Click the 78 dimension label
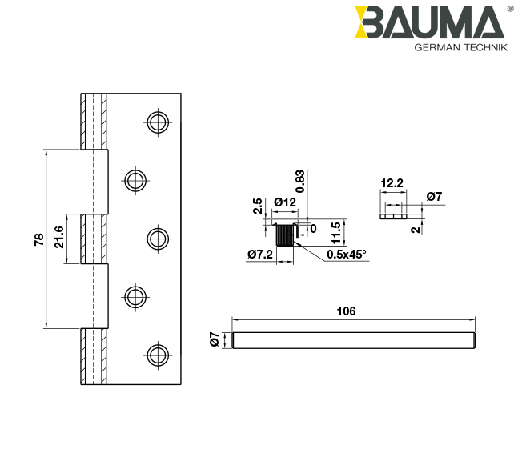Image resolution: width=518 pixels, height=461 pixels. click(x=38, y=239)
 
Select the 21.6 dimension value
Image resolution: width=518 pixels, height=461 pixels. click(x=59, y=237)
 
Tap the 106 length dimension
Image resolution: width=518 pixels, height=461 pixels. click(x=346, y=311)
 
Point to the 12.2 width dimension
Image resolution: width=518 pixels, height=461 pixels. click(x=392, y=183)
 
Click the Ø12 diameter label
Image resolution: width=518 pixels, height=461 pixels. click(x=285, y=202)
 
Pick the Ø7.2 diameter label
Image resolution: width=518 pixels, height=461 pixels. click(x=260, y=255)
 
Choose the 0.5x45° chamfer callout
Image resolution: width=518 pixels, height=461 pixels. click(x=346, y=255)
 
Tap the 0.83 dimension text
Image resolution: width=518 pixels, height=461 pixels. click(x=300, y=182)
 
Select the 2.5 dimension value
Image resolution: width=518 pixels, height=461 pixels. click(x=258, y=206)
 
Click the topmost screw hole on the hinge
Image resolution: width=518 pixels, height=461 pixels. click(x=158, y=122)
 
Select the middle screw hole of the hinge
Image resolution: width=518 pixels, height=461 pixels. click(x=158, y=238)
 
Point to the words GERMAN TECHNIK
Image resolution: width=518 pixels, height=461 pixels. click(x=460, y=48)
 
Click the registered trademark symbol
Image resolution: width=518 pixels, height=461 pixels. click(x=511, y=9)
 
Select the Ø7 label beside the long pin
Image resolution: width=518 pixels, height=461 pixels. click(x=214, y=339)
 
